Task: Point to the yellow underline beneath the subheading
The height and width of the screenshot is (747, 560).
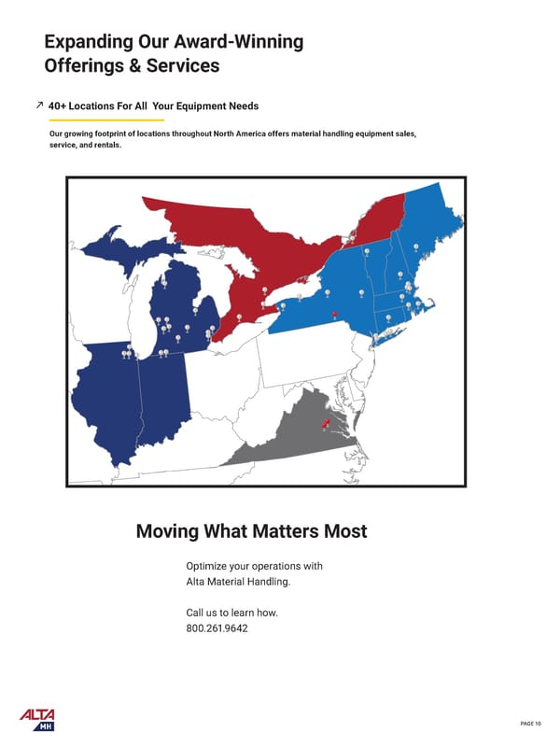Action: (106, 120)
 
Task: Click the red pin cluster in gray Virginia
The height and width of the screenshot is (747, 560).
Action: (326, 424)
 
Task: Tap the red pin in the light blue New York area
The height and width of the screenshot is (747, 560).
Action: (334, 303)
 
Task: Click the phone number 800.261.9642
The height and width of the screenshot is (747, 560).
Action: (217, 628)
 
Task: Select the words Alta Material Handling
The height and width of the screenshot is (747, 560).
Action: (238, 582)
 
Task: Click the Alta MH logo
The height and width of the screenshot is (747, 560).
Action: (37, 719)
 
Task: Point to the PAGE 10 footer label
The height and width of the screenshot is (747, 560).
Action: (531, 724)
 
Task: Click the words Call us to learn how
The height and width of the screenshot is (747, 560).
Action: (231, 613)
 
